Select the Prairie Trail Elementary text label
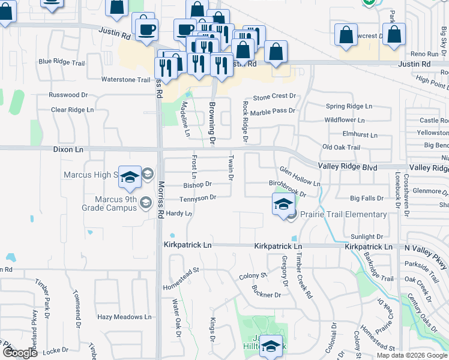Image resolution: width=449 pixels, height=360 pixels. click(343, 215)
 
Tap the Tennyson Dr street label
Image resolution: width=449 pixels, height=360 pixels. click(197, 197)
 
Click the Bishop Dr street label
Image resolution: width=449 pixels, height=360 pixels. click(197, 185)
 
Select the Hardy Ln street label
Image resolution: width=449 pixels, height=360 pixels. click(178, 214)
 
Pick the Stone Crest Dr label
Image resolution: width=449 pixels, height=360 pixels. click(274, 96)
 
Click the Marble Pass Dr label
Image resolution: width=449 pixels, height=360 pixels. click(273, 111)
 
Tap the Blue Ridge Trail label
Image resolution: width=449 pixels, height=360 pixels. click(62, 62)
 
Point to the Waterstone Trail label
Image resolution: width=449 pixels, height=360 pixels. click(125, 80)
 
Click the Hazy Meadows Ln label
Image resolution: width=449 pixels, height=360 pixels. click(124, 317)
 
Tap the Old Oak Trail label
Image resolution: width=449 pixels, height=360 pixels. click(341, 148)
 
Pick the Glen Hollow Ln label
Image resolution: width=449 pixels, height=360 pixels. click(300, 177)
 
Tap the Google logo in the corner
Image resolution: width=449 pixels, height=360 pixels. click(20, 353)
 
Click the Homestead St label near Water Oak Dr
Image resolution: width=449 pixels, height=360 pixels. click(181, 280)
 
